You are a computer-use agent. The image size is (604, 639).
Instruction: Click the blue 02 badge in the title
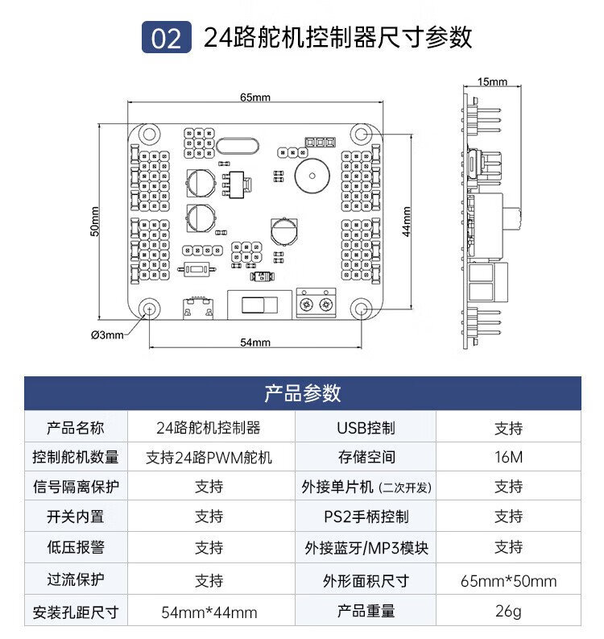click(x=166, y=37)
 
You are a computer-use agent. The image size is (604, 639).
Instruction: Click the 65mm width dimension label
click(x=255, y=97)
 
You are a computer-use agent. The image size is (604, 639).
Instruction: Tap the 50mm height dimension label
click(x=94, y=222)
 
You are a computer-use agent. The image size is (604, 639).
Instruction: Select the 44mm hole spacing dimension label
click(x=407, y=222)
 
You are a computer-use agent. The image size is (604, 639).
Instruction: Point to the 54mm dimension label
click(x=255, y=342)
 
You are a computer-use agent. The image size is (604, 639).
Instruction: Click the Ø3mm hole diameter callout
click(x=107, y=335)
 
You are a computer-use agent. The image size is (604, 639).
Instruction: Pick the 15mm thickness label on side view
click(x=492, y=81)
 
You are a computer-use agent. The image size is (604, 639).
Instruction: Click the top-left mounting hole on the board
click(x=149, y=135)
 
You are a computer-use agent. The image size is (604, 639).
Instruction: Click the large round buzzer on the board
click(x=312, y=176)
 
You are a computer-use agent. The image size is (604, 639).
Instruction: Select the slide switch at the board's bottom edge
click(x=259, y=305)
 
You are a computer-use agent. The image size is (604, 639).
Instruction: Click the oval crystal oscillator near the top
click(x=238, y=147)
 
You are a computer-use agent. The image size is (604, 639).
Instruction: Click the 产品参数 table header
click(x=302, y=393)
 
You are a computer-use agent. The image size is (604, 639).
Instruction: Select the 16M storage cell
click(x=508, y=457)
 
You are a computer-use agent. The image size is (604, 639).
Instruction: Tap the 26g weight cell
click(x=508, y=611)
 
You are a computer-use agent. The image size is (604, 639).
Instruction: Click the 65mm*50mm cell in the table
click(x=508, y=581)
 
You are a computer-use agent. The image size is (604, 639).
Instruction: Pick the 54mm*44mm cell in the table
click(x=209, y=612)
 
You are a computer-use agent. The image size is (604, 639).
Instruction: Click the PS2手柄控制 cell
click(x=366, y=517)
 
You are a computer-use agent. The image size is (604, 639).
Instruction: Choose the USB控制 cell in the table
click(x=366, y=428)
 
